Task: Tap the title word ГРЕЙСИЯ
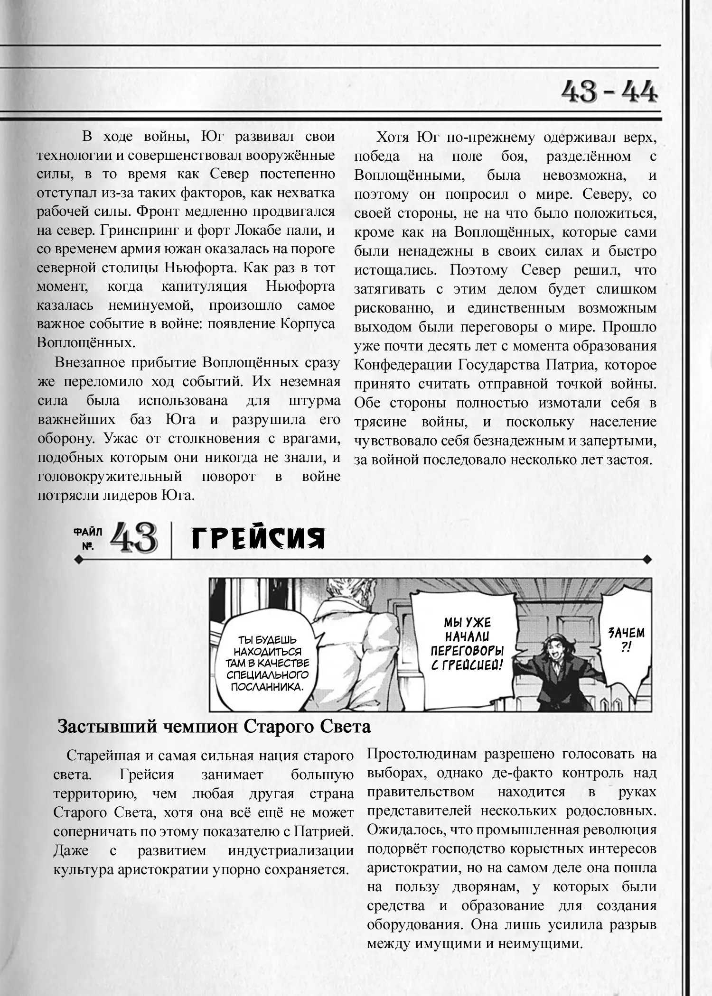[258, 539]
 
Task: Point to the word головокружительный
[110, 476]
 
